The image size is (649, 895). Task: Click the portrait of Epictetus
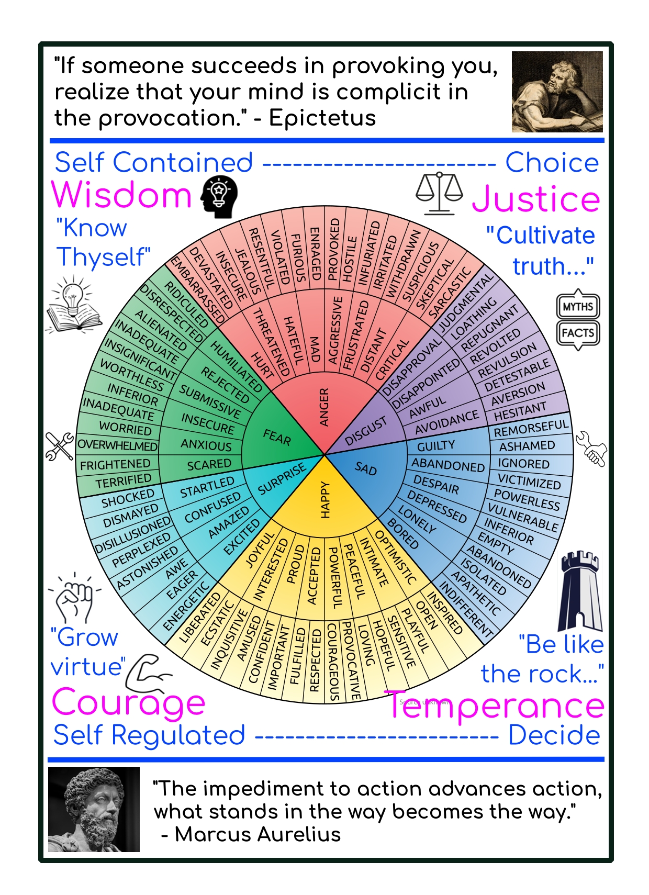pyautogui.click(x=557, y=92)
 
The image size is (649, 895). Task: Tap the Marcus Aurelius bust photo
pyautogui.click(x=94, y=809)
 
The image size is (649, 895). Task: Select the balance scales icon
pyautogui.click(x=439, y=193)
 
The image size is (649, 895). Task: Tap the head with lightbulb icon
pyautogui.click(x=219, y=197)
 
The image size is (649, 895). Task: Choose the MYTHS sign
pyautogui.click(x=578, y=307)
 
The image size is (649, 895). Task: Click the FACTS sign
pyautogui.click(x=578, y=333)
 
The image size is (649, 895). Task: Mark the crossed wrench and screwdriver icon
pyautogui.click(x=59, y=446)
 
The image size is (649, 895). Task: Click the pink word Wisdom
pyautogui.click(x=122, y=195)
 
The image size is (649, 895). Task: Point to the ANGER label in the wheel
pyautogui.click(x=324, y=407)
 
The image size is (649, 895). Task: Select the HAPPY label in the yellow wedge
pyautogui.click(x=326, y=500)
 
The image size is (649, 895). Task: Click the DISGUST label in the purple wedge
pyautogui.click(x=366, y=431)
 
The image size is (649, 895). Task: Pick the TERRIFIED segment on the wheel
pyautogui.click(x=124, y=480)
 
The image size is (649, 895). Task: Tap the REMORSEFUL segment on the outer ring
pyautogui.click(x=531, y=428)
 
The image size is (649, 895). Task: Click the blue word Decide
pyautogui.click(x=554, y=735)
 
